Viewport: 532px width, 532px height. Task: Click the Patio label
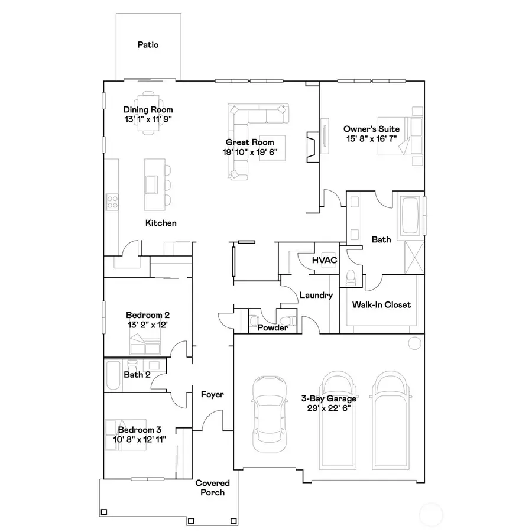pos(148,44)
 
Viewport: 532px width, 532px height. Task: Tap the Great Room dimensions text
pos(249,152)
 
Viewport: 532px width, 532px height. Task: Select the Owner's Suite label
pos(372,129)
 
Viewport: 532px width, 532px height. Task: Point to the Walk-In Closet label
pos(381,305)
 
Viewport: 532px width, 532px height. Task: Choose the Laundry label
pos(316,295)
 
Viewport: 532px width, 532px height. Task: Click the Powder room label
pos(273,327)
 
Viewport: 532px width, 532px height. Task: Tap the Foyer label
pos(212,394)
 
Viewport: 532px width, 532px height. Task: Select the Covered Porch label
pos(213,488)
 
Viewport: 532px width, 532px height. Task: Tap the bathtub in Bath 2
pos(113,377)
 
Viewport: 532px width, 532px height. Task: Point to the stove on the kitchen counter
pos(112,202)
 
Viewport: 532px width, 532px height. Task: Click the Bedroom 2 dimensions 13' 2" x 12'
pos(148,325)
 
